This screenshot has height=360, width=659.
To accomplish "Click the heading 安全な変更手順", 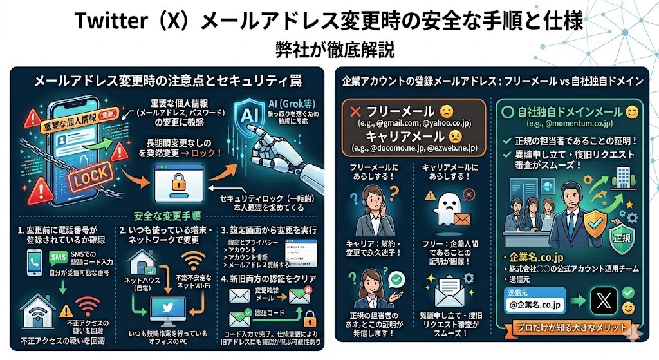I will (167, 216).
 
